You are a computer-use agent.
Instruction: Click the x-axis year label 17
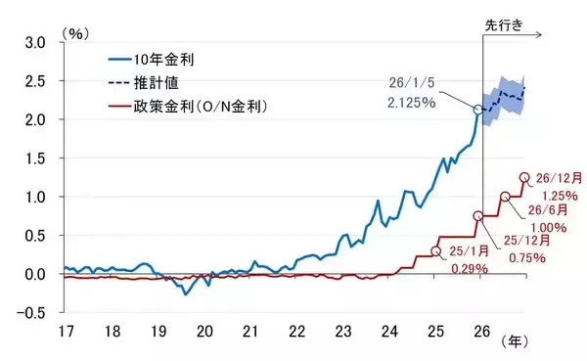point(65,331)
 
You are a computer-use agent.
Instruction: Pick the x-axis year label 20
point(204,331)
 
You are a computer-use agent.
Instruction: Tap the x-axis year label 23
point(344,331)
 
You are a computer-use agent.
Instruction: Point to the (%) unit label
point(75,32)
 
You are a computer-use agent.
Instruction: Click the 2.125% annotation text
point(414,101)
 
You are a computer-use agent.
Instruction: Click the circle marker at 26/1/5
point(478,111)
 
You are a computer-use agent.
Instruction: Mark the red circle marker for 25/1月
point(436,251)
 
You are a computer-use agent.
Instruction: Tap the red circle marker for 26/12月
point(524,178)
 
